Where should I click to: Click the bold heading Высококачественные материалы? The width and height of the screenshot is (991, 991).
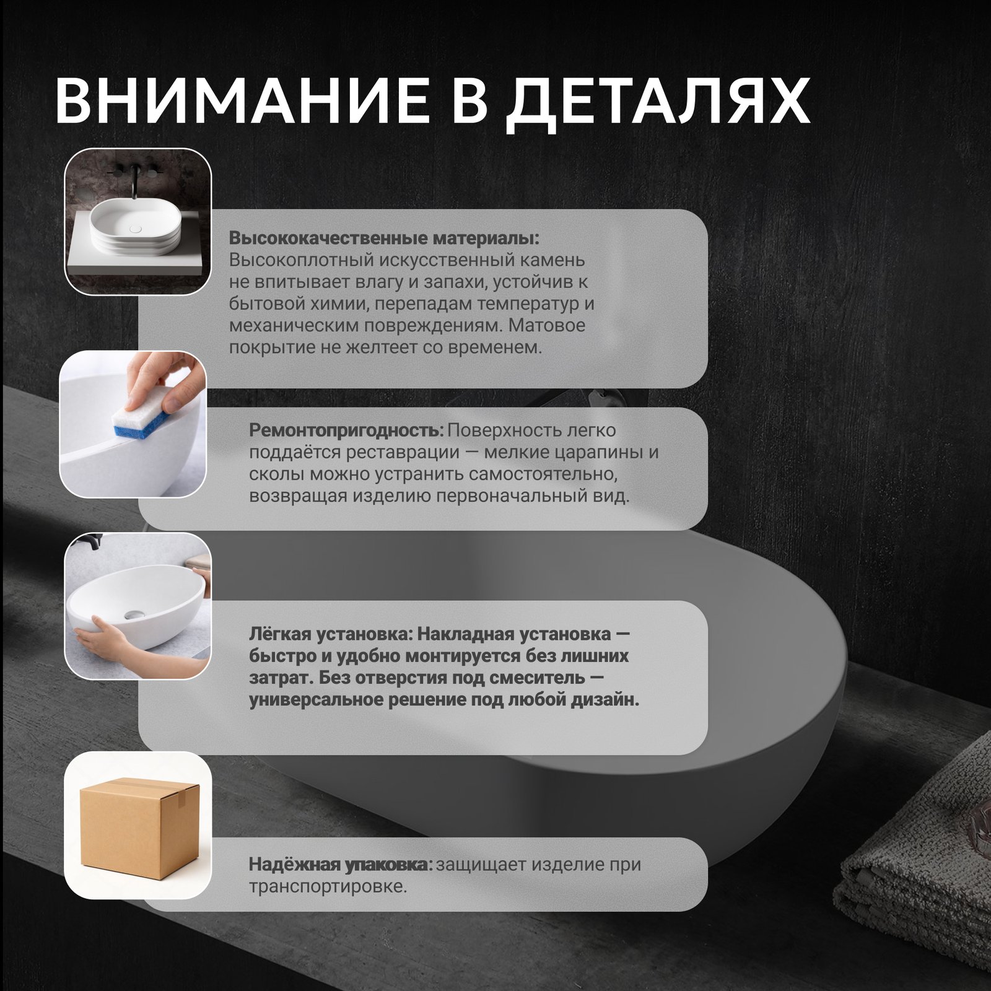(384, 238)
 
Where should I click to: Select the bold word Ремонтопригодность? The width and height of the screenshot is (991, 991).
(346, 430)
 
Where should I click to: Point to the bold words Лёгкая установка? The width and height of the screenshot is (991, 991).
(330, 634)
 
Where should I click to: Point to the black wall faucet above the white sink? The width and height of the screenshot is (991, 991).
(134, 180)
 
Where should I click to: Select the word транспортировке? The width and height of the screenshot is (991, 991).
(328, 887)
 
